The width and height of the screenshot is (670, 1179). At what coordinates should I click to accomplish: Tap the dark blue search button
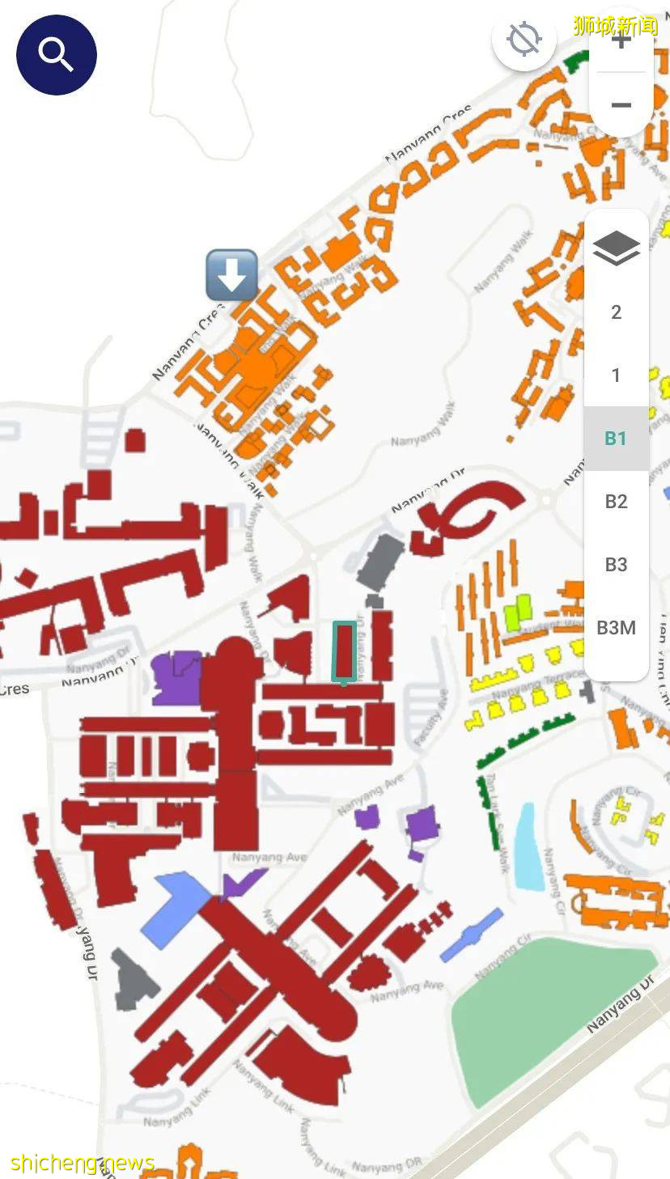coord(57,55)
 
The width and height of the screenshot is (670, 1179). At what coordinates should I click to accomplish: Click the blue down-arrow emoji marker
coord(232,275)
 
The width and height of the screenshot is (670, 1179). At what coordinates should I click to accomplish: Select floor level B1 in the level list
coord(616,439)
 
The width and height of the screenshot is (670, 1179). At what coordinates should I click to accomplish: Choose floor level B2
coord(616,502)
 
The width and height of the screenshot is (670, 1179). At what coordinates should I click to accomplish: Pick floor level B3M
coord(616,627)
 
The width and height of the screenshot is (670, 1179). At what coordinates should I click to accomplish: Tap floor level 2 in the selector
coord(616,312)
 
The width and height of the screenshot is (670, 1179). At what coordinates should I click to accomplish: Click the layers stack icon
coord(616,248)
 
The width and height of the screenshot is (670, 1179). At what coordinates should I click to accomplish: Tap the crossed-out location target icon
coord(524,39)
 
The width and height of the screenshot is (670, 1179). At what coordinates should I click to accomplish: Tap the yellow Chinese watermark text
coord(615,25)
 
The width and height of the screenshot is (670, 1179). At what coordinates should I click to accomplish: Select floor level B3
coord(616,564)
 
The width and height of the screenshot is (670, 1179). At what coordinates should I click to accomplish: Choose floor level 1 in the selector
coord(616,375)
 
